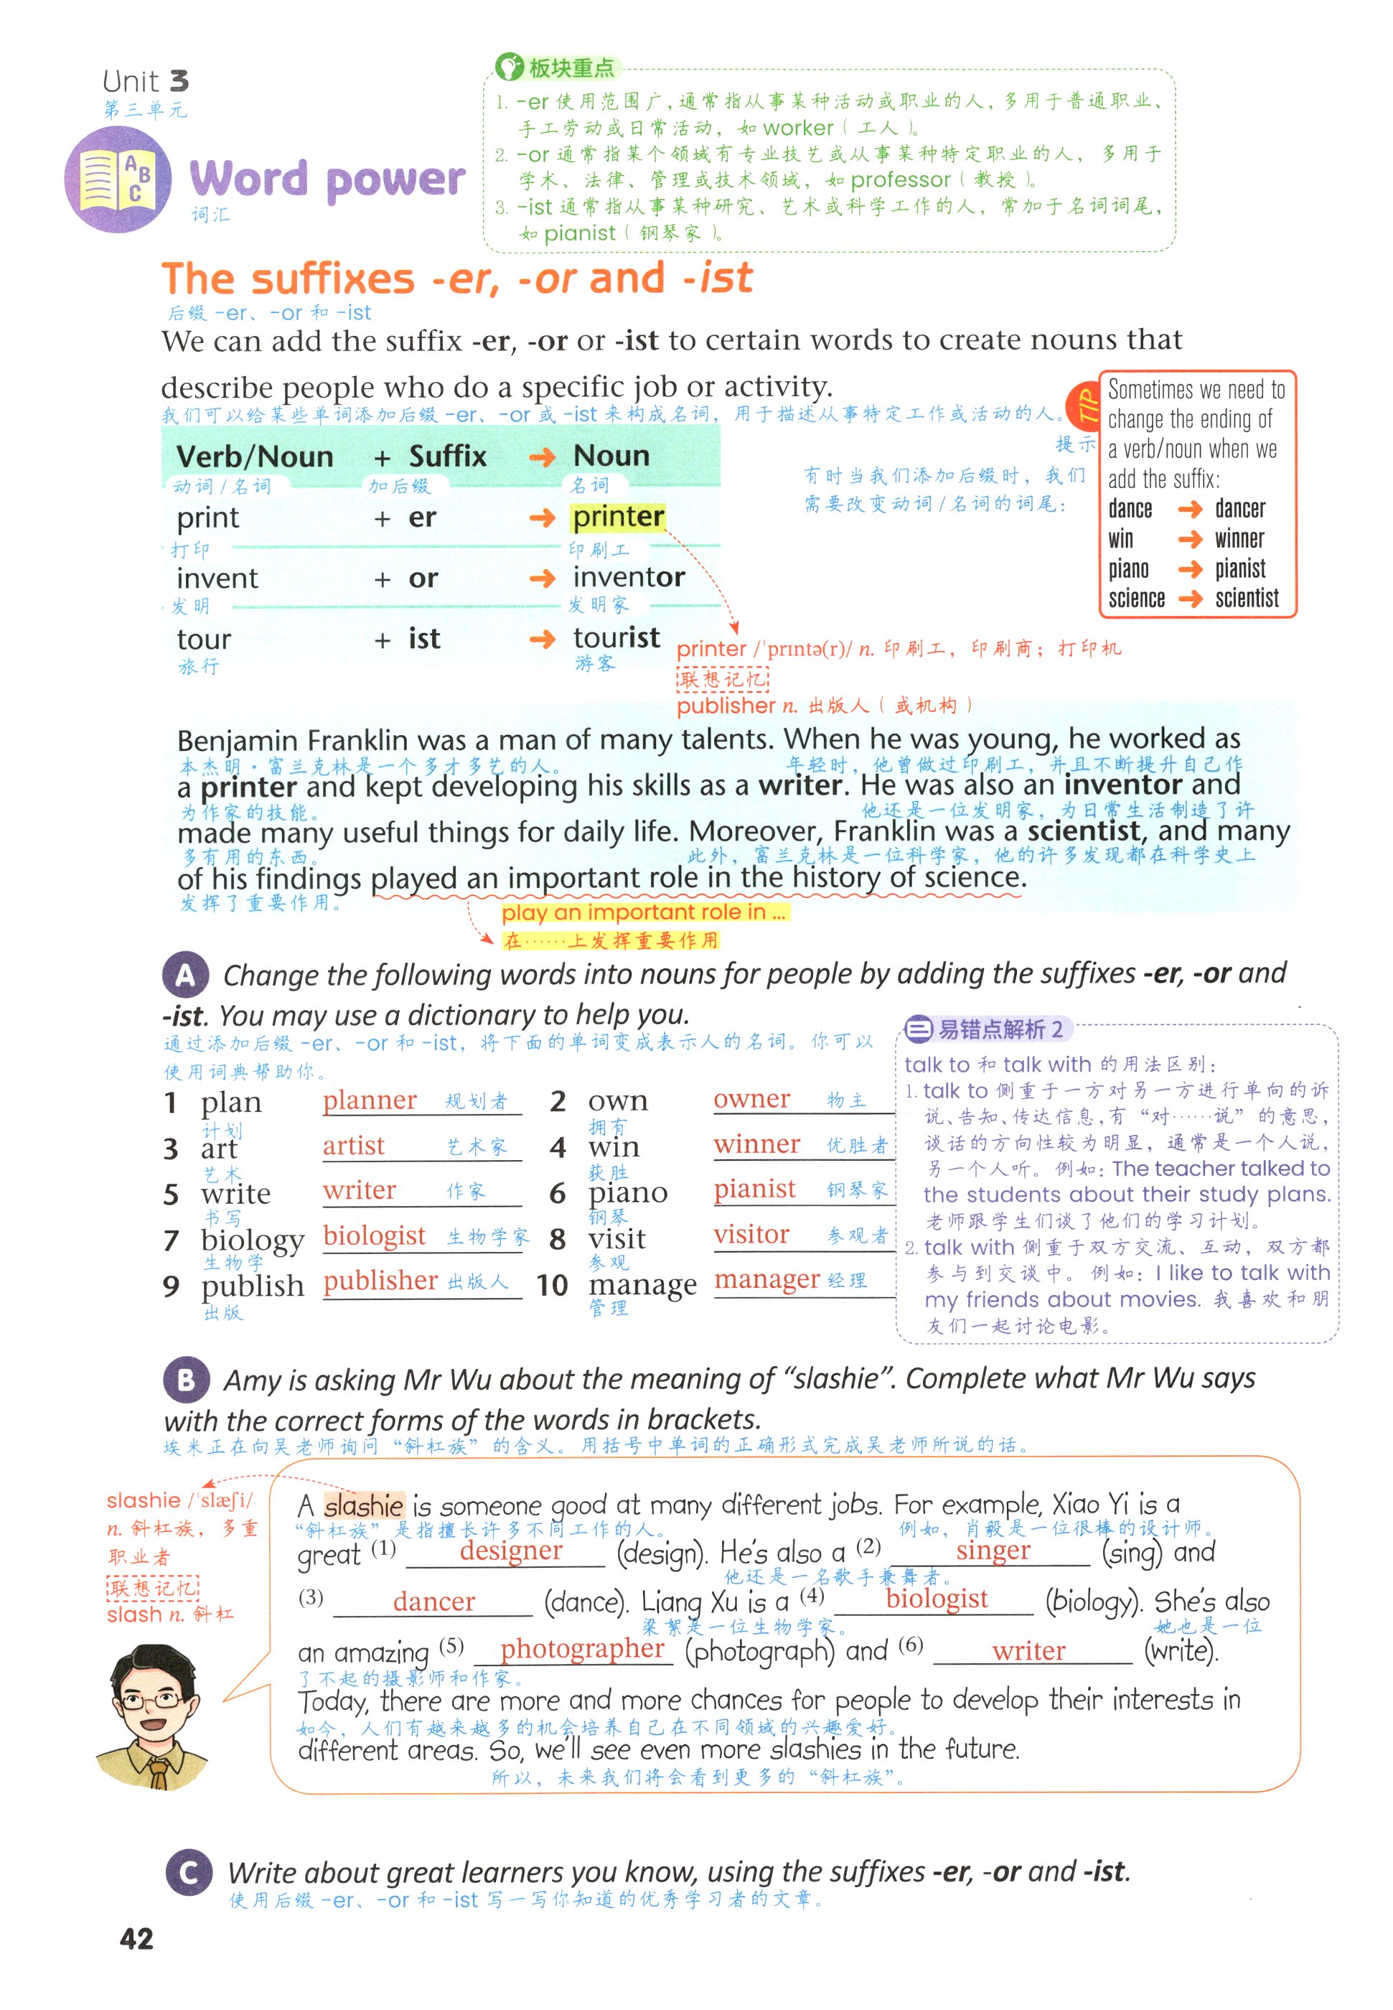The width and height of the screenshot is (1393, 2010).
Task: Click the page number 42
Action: pyautogui.click(x=136, y=1938)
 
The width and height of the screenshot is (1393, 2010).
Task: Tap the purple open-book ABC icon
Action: pyautogui.click(x=118, y=179)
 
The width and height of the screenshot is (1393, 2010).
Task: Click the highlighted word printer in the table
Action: pyautogui.click(x=618, y=517)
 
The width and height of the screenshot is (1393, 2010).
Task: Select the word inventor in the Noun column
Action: pyautogui.click(x=629, y=577)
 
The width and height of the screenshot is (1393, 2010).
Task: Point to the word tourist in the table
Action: pyautogui.click(x=616, y=637)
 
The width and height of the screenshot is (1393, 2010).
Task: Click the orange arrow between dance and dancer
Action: pyautogui.click(x=1190, y=510)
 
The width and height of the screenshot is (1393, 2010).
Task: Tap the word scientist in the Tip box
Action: pyautogui.click(x=1247, y=599)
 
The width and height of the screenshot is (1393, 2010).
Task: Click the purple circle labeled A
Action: pyautogui.click(x=185, y=975)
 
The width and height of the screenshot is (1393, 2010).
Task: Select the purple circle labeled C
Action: pyautogui.click(x=187, y=1872)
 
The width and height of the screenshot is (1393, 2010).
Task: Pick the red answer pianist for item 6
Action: pyautogui.click(x=754, y=1189)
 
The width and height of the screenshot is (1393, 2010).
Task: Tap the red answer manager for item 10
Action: pyautogui.click(x=766, y=1279)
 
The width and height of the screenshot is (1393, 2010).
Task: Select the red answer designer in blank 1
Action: pyautogui.click(x=510, y=1550)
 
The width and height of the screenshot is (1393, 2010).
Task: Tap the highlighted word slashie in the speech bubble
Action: pyautogui.click(x=363, y=1505)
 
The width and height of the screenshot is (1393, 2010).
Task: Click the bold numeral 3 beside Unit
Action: pyautogui.click(x=179, y=81)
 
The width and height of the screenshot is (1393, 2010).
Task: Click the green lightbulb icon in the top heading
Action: pyautogui.click(x=508, y=66)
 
